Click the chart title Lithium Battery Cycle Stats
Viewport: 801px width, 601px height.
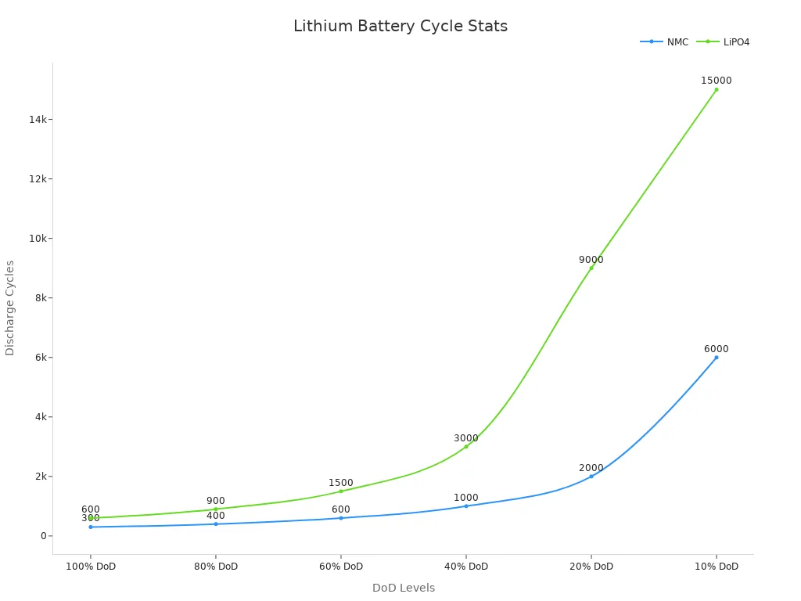400,27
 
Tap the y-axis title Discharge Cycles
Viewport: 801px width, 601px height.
10,308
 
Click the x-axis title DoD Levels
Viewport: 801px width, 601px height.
404,588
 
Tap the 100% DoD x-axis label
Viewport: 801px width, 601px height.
91,567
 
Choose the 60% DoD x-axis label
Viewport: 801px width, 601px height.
341,567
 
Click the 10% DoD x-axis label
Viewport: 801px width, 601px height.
717,567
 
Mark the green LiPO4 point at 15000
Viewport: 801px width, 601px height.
717,89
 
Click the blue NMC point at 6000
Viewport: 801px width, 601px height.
717,358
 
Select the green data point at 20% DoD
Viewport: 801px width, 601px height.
591,268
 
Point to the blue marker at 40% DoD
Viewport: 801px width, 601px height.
466,506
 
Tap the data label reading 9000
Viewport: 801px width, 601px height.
591,260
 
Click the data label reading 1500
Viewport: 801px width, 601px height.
341,483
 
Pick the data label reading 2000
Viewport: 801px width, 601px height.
591,468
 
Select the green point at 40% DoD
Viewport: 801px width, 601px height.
466,446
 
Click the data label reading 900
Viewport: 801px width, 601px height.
216,501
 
